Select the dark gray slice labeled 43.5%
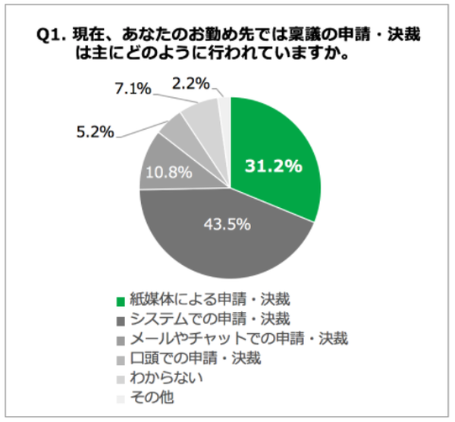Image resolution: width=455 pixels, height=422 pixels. click(x=227, y=235)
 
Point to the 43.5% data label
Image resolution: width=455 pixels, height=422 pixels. click(x=228, y=225)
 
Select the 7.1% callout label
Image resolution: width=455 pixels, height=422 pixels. click(x=134, y=90)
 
